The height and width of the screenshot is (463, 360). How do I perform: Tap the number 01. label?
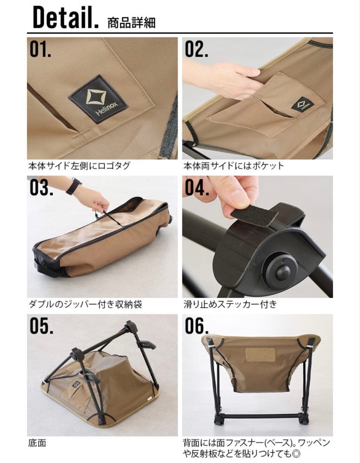[x=40, y=49]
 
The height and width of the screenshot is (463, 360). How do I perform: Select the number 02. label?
[x=197, y=49]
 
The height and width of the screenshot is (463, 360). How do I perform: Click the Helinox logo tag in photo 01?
[x=98, y=99]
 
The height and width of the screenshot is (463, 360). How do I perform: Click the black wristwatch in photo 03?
[x=74, y=186]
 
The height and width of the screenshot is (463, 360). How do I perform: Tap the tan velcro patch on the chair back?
[x=260, y=354]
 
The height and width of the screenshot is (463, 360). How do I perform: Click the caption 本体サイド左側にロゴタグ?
[x=79, y=165]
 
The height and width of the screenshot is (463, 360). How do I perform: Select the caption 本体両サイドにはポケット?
[x=233, y=165]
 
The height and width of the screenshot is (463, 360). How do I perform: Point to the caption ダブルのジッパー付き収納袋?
[x=85, y=304]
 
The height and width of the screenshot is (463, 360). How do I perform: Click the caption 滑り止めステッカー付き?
[x=230, y=304]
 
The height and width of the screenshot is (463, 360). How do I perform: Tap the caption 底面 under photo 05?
[x=37, y=443]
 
